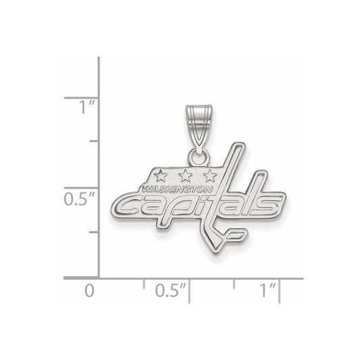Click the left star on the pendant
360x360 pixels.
click(x=161, y=176)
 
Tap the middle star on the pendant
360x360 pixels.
click(x=185, y=176)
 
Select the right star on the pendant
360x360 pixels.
click(x=210, y=176)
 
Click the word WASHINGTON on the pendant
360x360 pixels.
click(x=177, y=189)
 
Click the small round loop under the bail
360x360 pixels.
click(x=199, y=157)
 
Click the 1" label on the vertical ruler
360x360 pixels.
click(x=86, y=107)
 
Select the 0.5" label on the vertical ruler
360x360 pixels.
click(x=79, y=199)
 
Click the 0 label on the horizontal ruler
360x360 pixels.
click(x=89, y=290)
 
